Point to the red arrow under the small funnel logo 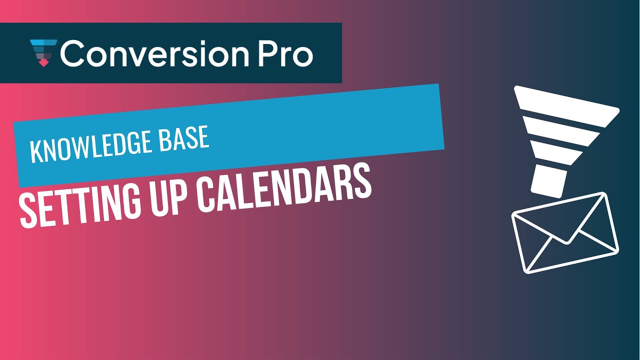(44, 63)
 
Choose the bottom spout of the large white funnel (548, 181)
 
